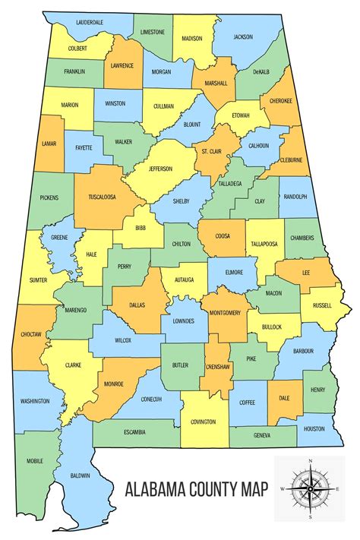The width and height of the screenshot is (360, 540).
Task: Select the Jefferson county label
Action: [x=159, y=169]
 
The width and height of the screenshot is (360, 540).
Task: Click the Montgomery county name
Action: [x=226, y=312]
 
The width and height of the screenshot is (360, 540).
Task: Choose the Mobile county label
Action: [x=34, y=460]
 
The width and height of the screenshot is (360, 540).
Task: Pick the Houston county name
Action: [x=314, y=428]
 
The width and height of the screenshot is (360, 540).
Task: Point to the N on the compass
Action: [x=310, y=462]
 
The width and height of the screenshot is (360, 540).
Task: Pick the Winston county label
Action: [x=115, y=103]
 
